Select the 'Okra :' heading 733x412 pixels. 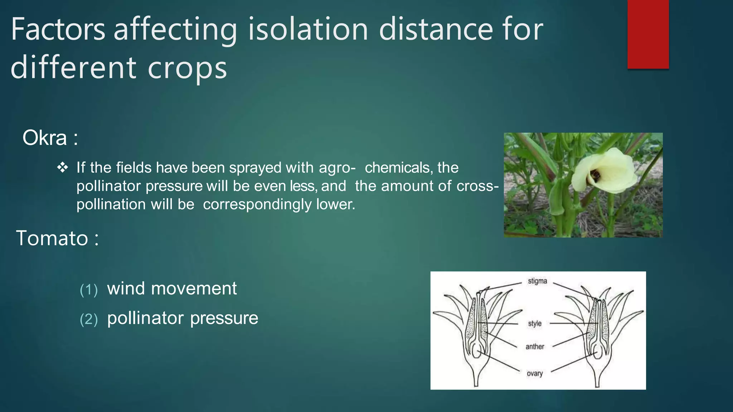pyautogui.click(x=50, y=138)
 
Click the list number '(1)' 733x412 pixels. pyautogui.click(x=88, y=290)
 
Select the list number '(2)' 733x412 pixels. pyautogui.click(x=88, y=319)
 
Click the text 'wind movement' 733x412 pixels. pyautogui.click(x=172, y=288)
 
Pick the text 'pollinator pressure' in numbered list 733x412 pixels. pyautogui.click(x=183, y=318)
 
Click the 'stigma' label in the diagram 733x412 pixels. pyautogui.click(x=537, y=281)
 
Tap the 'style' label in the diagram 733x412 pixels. pyautogui.click(x=535, y=324)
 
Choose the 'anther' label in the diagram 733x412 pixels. pyautogui.click(x=535, y=347)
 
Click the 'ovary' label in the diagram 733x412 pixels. pyautogui.click(x=535, y=374)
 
